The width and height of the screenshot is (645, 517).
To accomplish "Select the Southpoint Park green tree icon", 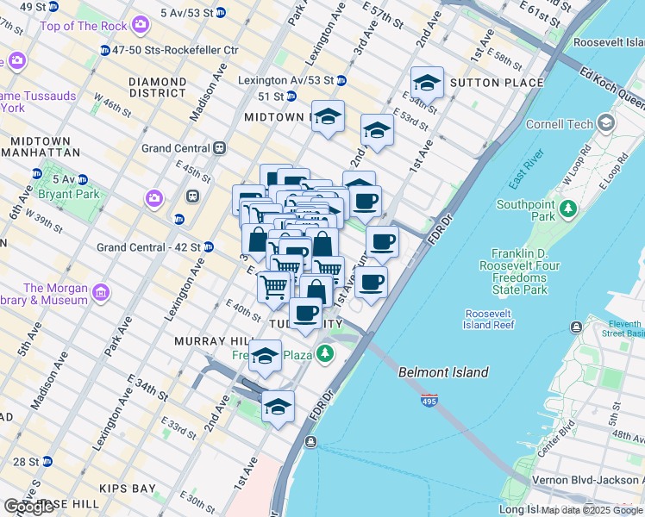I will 567,209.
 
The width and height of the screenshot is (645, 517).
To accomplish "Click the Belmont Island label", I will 443,372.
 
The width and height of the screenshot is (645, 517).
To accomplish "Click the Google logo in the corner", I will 28,507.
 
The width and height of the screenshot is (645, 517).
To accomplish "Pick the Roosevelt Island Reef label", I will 489,319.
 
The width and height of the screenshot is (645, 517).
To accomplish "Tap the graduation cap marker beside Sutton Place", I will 427,84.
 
